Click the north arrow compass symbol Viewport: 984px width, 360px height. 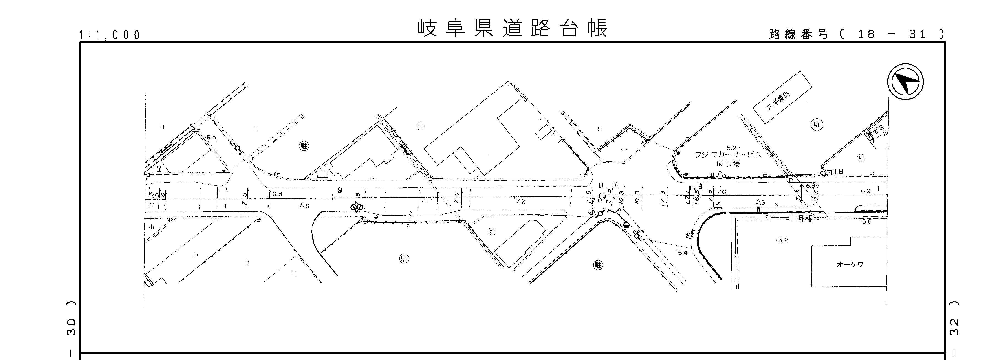click(905, 82)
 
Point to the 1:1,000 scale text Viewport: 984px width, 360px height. click(110, 35)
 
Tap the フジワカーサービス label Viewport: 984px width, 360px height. click(728, 155)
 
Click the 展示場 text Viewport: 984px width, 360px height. click(728, 164)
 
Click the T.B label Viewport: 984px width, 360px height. click(838, 172)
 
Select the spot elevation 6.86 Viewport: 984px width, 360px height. click(813, 186)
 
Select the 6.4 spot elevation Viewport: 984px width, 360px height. click(682, 253)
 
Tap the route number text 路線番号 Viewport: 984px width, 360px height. click(798, 34)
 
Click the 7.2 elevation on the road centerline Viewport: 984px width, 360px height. click(520, 201)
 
